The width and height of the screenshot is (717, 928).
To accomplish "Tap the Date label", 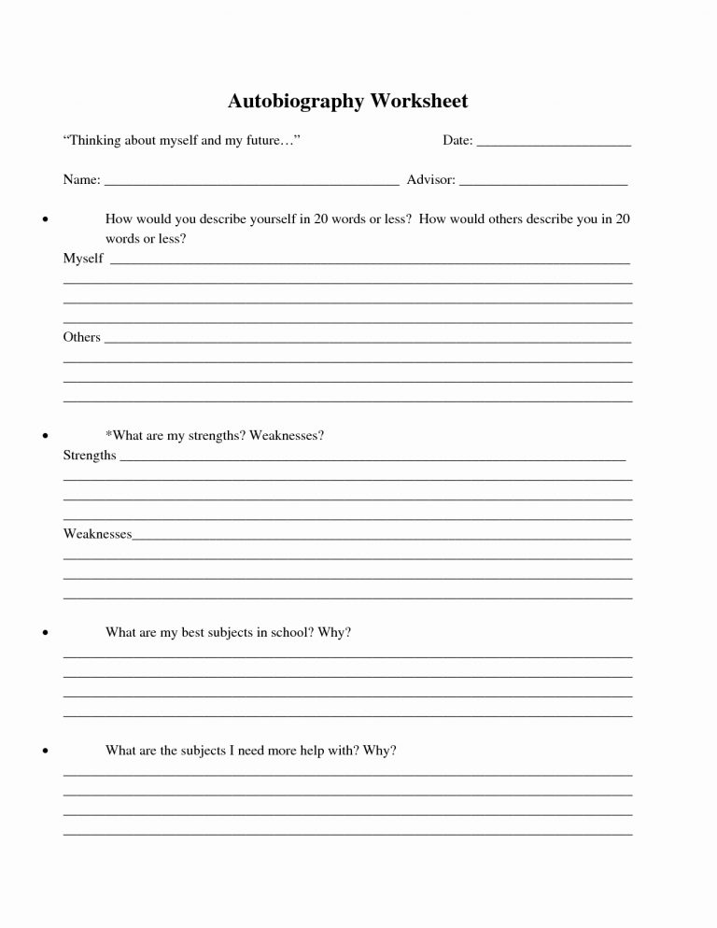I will tap(457, 141).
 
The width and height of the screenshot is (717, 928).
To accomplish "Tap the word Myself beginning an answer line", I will tap(83, 259).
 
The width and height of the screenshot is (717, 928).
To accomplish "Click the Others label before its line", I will tap(81, 337).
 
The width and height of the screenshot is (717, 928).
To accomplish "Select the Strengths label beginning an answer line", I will tap(90, 456).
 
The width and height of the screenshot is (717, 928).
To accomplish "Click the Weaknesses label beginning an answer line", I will tap(97, 534).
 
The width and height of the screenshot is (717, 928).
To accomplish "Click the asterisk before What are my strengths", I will tap(109, 434).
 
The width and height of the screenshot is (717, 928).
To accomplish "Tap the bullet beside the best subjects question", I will tap(45, 633).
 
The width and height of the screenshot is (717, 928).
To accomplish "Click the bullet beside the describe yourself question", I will tap(45, 220).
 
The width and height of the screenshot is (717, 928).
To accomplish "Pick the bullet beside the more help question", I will tap(45, 751).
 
